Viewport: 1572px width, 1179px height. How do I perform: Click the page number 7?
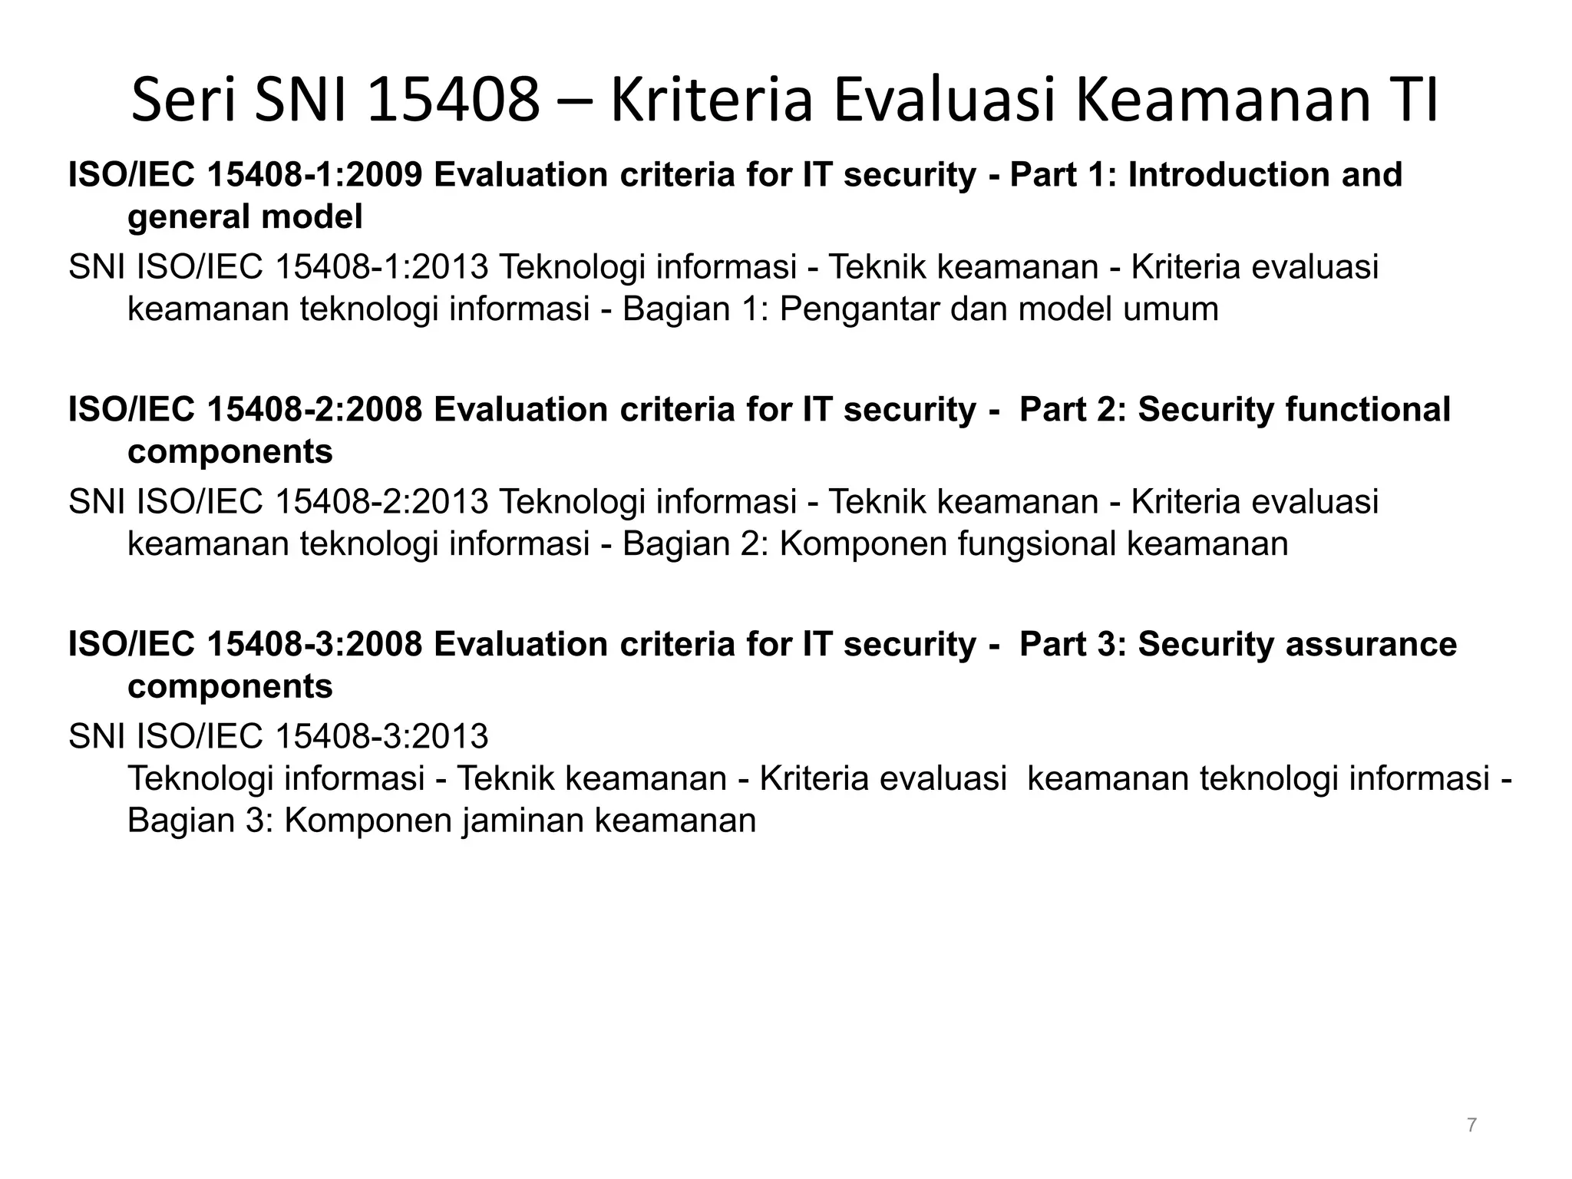point(1471,1125)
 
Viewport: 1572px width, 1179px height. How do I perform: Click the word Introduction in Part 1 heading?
point(1229,175)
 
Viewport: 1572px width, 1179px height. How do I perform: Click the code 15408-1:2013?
point(381,268)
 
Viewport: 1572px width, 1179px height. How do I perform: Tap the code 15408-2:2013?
point(381,502)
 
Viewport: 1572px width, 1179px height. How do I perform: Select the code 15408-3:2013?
point(381,737)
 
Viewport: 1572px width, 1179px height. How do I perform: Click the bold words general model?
point(245,218)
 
